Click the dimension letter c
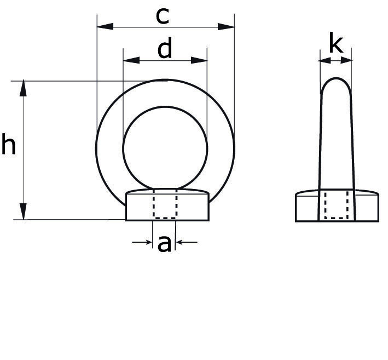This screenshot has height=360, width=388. pyautogui.click(x=163, y=16)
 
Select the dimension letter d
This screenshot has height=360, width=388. pyautogui.click(x=165, y=48)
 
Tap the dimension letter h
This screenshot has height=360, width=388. pyautogui.click(x=8, y=144)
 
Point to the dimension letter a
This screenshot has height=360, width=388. pyautogui.click(x=164, y=244)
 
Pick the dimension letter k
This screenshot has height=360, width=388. pyautogui.click(x=336, y=44)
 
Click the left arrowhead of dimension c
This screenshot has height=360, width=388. pyautogui.click(x=105, y=26)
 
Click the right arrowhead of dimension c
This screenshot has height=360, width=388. pyautogui.click(x=226, y=26)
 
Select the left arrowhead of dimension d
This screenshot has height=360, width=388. pyautogui.click(x=131, y=60)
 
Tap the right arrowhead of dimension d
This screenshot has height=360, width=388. pyautogui.click(x=199, y=60)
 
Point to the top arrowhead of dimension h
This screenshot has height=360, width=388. pyautogui.click(x=24, y=88)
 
